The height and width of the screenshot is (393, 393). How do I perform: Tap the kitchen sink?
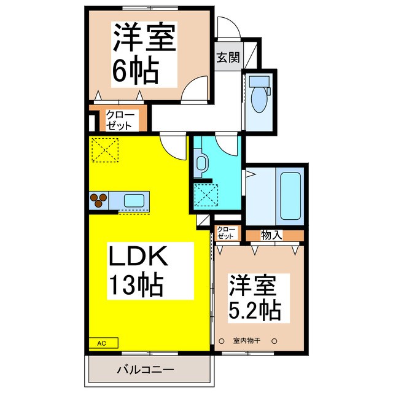coord(134,201)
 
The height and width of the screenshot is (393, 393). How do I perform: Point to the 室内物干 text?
coord(248,341)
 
